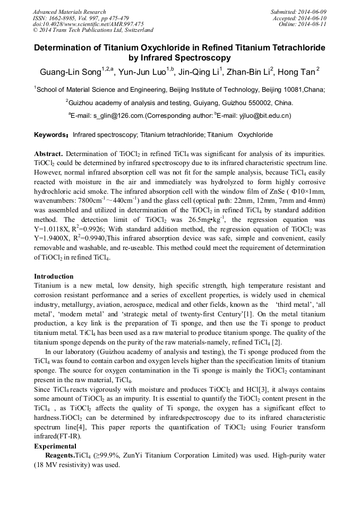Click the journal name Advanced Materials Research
70,12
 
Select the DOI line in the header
88,24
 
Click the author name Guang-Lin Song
70,71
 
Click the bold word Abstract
48,153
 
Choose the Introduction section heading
54,277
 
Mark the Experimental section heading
55,446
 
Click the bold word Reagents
59,455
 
